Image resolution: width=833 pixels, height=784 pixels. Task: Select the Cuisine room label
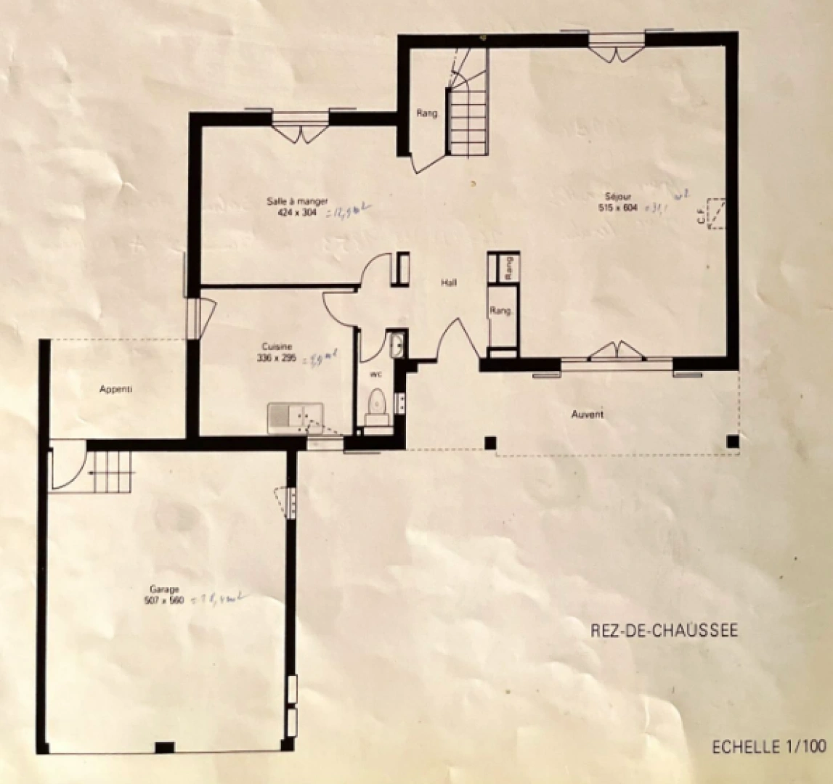[276, 347]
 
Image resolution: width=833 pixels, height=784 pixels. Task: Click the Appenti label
[116, 389]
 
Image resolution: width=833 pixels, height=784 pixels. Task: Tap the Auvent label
[588, 415]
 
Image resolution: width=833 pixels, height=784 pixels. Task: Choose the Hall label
[449, 283]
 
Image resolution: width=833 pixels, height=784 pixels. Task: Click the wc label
[376, 375]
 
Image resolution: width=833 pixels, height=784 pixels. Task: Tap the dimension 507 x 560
[165, 600]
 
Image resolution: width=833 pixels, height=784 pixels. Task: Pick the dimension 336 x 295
[276, 358]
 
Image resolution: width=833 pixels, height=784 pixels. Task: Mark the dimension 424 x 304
[298, 213]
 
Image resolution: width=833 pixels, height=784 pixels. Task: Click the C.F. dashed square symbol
[718, 213]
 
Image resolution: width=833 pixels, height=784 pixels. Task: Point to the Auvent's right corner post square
[733, 441]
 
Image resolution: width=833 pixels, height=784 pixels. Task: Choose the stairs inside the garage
[109, 471]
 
